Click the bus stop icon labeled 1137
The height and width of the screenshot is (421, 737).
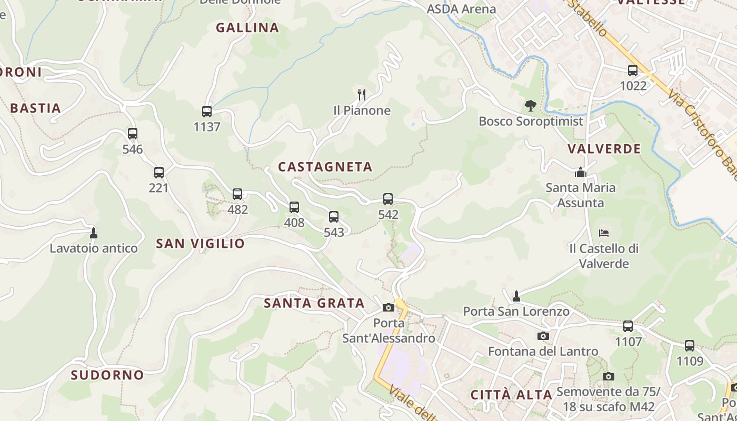point(207,112)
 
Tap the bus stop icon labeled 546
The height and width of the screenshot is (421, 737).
point(132,134)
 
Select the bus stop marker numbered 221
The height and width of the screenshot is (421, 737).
point(159,172)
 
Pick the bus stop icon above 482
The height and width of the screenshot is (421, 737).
point(237,194)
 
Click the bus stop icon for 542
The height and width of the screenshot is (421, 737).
point(388,199)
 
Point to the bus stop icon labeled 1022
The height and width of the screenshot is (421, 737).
point(633,70)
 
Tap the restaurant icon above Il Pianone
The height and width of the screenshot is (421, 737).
point(362,95)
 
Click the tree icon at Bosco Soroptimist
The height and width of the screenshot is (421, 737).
point(530,106)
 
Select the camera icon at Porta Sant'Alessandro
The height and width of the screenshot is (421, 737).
point(389,307)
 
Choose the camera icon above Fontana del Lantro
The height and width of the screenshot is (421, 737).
point(543,336)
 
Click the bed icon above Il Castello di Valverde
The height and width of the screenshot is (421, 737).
point(604,233)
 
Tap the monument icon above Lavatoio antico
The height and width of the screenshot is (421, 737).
point(94,233)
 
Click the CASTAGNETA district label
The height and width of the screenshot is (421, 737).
point(325,167)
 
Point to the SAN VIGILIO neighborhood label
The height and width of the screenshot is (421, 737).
point(200,243)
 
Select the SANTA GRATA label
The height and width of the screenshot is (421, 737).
point(314,303)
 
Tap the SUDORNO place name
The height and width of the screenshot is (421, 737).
point(107,375)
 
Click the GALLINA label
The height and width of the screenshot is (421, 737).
point(247,28)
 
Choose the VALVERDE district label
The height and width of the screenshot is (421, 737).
point(604,149)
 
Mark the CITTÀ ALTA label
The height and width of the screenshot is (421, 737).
point(511,395)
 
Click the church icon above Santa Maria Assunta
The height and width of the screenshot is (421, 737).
point(581,172)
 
